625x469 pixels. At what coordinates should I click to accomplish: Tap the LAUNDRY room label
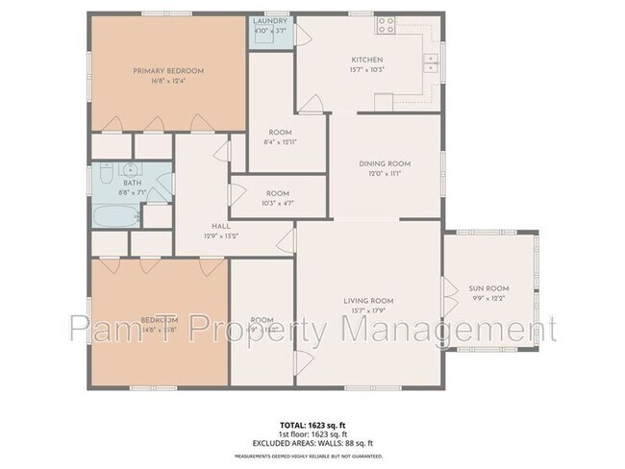[x=270, y=21]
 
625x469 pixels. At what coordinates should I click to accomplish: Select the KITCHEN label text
[x=366, y=60]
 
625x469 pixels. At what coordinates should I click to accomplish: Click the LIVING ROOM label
[x=368, y=301]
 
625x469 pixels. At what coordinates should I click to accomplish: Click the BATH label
[x=132, y=183]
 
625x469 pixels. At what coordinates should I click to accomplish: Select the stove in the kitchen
[x=387, y=24]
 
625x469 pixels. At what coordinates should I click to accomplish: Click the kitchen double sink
[x=430, y=63]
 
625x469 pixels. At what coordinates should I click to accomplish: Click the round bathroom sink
[x=132, y=169]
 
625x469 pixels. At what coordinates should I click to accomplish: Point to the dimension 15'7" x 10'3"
[x=366, y=70]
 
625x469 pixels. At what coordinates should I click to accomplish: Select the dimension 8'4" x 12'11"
[x=280, y=142]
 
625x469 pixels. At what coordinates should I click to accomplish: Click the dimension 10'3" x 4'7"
[x=278, y=203]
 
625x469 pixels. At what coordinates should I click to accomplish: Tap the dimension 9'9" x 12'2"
[x=487, y=298]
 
